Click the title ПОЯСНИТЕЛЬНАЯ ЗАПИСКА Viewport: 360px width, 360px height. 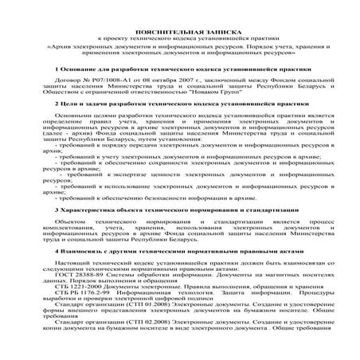coord(179,29)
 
